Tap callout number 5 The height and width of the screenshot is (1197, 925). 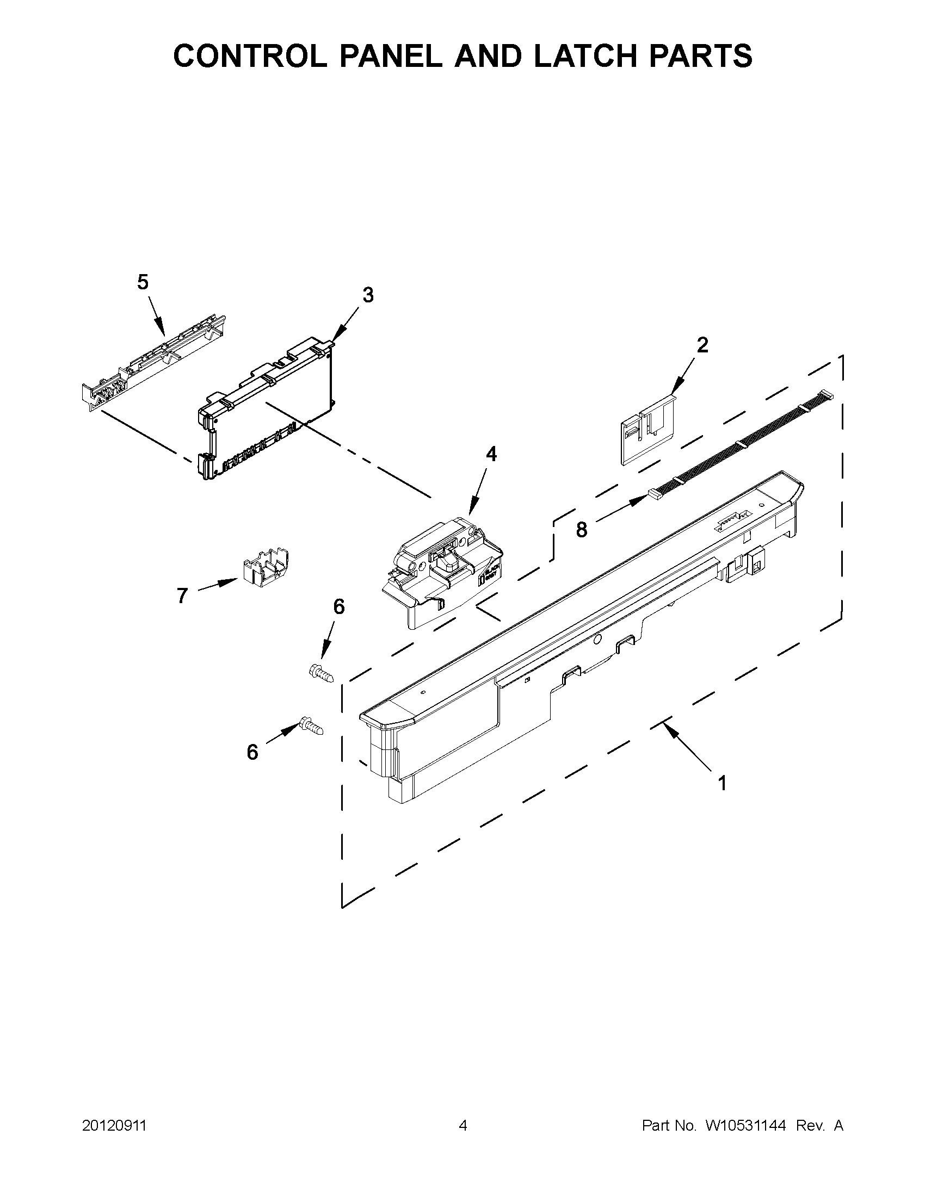pyautogui.click(x=143, y=282)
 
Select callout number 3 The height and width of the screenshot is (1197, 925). pyautogui.click(x=368, y=295)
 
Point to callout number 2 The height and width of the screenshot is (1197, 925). pyautogui.click(x=702, y=345)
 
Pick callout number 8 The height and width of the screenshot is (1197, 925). pyautogui.click(x=581, y=530)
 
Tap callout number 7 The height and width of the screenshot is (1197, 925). pyautogui.click(x=183, y=594)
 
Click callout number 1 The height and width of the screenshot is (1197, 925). pyautogui.click(x=722, y=783)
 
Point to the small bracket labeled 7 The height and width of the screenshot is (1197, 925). pyautogui.click(x=266, y=567)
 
